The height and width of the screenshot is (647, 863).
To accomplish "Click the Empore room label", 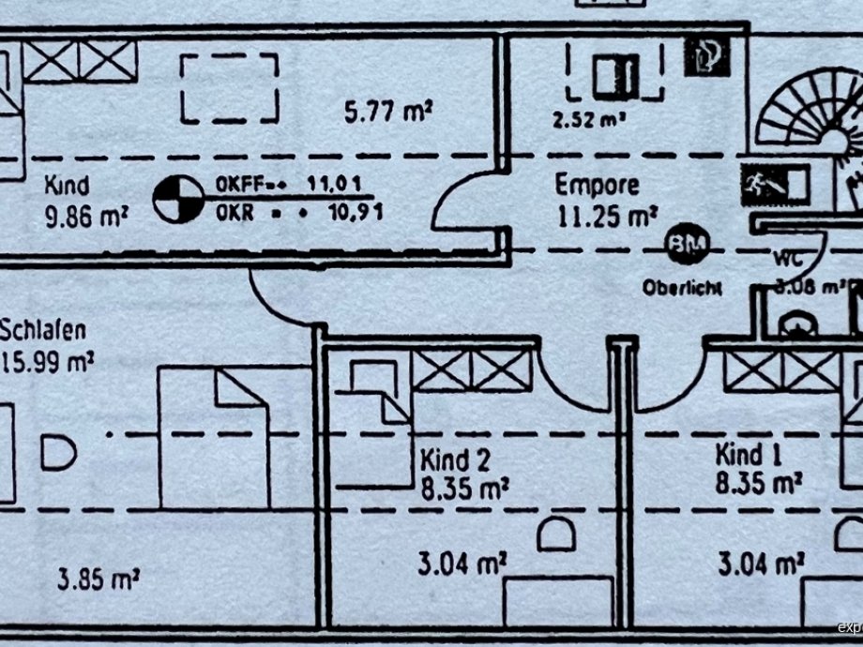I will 597,184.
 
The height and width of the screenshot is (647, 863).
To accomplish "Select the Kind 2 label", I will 456,460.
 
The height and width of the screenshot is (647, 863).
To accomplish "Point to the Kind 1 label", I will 749,456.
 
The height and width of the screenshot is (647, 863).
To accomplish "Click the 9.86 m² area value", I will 85,217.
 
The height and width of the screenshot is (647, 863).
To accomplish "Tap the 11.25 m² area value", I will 606,217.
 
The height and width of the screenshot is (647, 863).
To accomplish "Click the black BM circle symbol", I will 688,247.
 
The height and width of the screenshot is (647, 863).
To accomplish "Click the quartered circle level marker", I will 178,199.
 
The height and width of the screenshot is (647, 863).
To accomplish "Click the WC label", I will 789,257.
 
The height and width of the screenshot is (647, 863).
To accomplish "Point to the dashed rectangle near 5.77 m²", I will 230,88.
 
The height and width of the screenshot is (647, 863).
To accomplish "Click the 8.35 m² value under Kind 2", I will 463,488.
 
